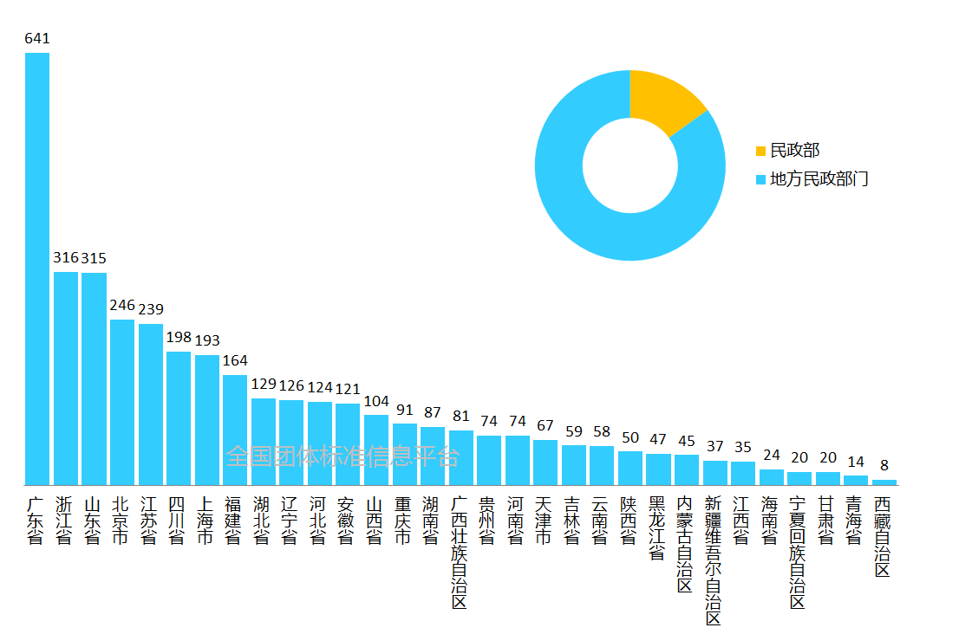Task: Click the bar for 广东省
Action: pyautogui.click(x=37, y=268)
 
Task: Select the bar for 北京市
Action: pyautogui.click(x=122, y=402)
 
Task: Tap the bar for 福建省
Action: pyautogui.click(x=235, y=430)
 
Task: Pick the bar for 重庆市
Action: pyautogui.click(x=404, y=454)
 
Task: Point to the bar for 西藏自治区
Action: pyautogui.click(x=884, y=482)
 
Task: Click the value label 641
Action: pyautogui.click(x=37, y=38)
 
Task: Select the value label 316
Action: pyautogui.click(x=66, y=257)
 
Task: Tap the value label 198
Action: pyautogui.click(x=179, y=337)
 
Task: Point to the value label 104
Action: pyautogui.click(x=376, y=401)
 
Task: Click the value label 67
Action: pyautogui.click(x=545, y=425)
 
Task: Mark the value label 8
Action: pyautogui.click(x=884, y=465)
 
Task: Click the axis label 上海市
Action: pyautogui.click(x=206, y=521)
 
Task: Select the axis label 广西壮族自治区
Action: pyautogui.click(x=460, y=552)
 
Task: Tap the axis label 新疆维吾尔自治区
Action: pyautogui.click(x=714, y=560)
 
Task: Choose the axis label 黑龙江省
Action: pyautogui.click(x=657, y=528)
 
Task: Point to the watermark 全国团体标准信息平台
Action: pyautogui.click(x=342, y=456)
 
